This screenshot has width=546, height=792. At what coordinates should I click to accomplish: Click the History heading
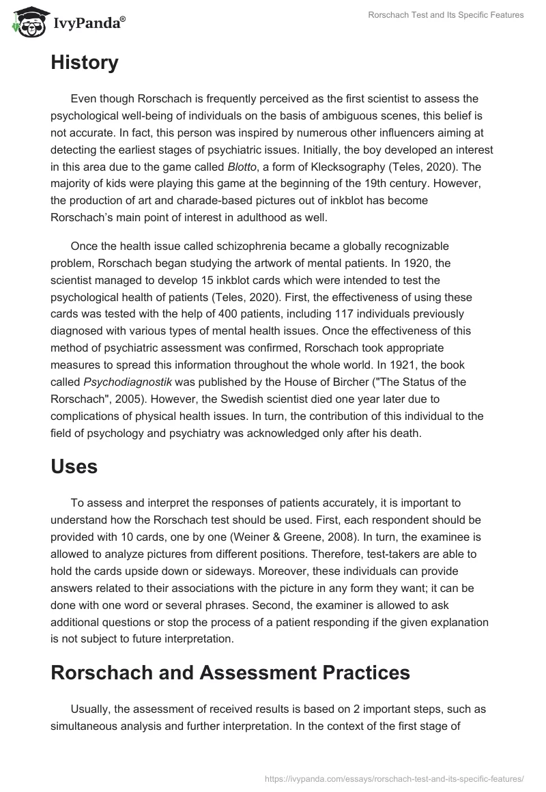click(x=84, y=63)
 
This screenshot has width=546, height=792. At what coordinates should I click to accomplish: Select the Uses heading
click(x=74, y=466)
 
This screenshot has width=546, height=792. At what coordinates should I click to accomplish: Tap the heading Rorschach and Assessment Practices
click(x=230, y=673)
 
